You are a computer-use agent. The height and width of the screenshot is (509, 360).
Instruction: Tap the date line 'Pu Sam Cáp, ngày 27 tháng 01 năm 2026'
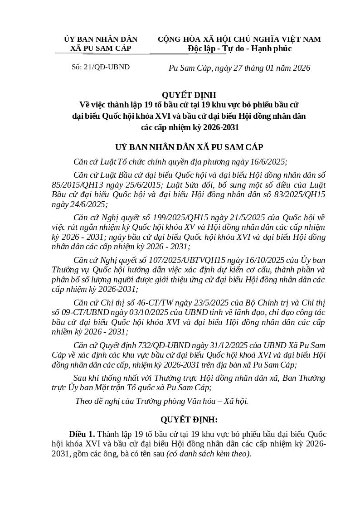pyautogui.click(x=239, y=68)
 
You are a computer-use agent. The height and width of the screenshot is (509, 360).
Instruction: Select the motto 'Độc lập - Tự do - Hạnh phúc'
pyautogui.click(x=239, y=48)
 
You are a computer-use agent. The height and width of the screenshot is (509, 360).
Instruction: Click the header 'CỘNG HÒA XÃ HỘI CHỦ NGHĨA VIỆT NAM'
pyautogui.click(x=239, y=39)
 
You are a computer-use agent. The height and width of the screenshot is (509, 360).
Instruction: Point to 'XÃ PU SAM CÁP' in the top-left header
pyautogui.click(x=101, y=48)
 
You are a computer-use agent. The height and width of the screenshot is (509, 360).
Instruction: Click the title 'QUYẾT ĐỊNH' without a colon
pyautogui.click(x=189, y=95)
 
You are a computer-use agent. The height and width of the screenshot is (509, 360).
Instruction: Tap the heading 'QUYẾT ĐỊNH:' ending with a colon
pyautogui.click(x=189, y=420)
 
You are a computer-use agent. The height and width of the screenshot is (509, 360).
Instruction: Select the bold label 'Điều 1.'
pyautogui.click(x=82, y=434)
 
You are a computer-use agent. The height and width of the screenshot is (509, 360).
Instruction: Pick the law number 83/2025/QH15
pyautogui.click(x=295, y=194)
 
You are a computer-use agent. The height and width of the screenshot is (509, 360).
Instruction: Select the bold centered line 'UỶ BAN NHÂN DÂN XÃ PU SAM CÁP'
pyautogui.click(x=189, y=147)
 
